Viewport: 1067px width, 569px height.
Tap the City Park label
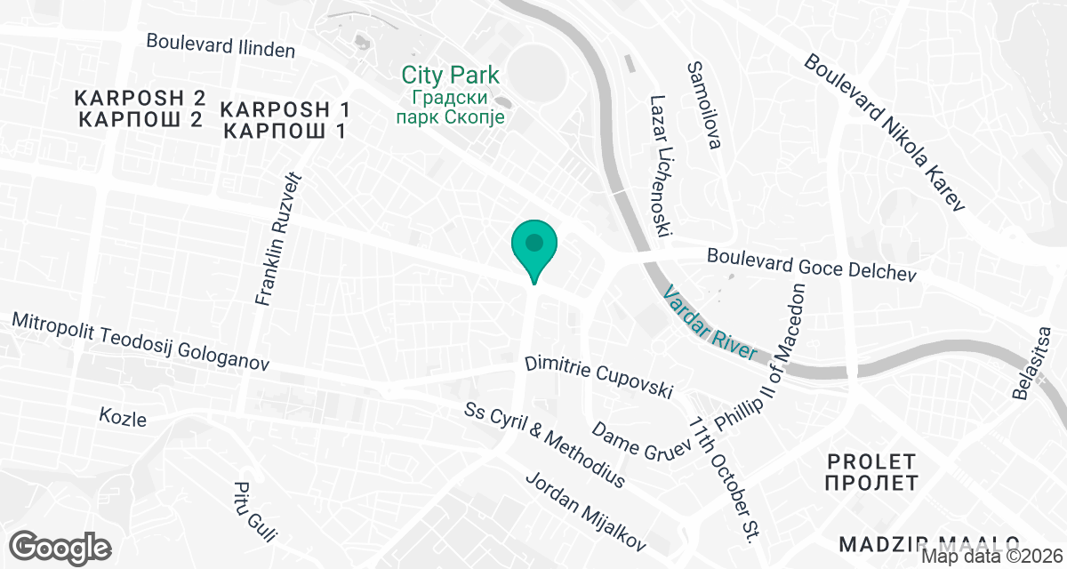click(x=450, y=76)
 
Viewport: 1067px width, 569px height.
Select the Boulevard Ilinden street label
click(x=221, y=45)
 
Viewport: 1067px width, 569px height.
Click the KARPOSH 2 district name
click(x=140, y=108)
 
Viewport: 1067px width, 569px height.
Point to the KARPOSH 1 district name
click(x=285, y=121)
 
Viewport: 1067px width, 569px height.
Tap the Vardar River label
click(x=711, y=322)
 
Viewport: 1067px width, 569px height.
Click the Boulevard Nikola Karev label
click(x=885, y=133)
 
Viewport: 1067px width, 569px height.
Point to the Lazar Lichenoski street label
click(x=659, y=166)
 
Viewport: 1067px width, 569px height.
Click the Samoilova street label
click(x=703, y=105)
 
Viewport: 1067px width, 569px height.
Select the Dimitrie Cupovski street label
click(x=598, y=377)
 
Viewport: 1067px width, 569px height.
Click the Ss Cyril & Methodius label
click(x=544, y=445)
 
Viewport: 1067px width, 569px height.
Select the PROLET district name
click(x=870, y=472)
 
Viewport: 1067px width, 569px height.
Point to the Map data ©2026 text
click(x=991, y=557)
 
